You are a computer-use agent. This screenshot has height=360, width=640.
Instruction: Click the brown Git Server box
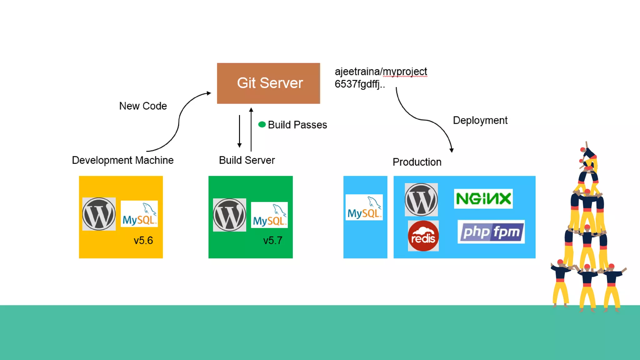coord(268,83)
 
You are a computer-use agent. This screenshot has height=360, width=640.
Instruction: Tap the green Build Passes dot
coord(262,125)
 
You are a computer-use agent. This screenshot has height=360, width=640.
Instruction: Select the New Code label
coord(143,106)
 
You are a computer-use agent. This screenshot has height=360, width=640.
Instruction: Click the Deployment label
coord(480,120)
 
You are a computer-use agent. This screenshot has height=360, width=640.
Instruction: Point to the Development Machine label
coord(122,160)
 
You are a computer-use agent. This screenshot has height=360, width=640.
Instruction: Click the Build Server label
coord(247,160)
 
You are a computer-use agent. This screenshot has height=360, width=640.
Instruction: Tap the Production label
coord(417,162)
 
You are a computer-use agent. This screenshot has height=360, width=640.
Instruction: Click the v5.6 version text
coord(143,240)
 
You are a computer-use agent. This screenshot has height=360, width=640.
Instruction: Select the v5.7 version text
coord(272,240)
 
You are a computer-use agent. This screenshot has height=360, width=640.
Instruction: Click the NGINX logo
coord(483,199)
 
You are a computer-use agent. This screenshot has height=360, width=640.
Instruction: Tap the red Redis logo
coord(423,236)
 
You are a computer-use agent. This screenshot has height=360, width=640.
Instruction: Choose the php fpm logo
coord(491,232)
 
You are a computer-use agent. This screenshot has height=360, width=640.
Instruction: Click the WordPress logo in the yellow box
coord(99,214)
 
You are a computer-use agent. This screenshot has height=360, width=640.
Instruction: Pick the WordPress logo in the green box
coord(229,215)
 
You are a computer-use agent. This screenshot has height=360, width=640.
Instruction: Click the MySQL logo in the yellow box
coord(139,214)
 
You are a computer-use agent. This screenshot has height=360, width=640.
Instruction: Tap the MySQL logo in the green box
coord(269,215)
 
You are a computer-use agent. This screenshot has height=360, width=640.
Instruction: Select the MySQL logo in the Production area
coord(364,207)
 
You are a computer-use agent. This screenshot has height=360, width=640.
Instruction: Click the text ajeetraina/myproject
coord(381,72)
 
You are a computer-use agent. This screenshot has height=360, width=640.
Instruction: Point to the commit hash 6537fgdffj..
coord(359,84)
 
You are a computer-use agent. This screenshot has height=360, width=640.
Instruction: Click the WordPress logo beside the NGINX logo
coord(421,200)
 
